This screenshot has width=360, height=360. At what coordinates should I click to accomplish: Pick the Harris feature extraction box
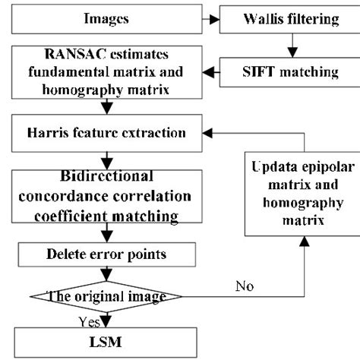point(106,132)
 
